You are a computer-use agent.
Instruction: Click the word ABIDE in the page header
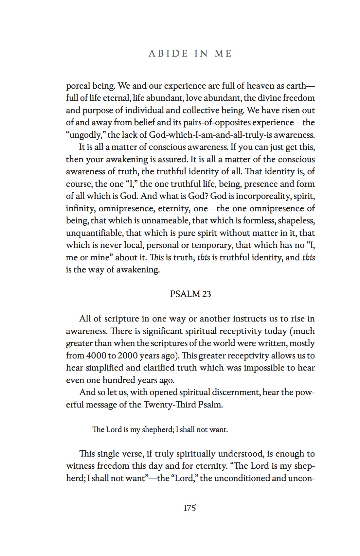168,54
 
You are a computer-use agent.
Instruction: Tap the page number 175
190,508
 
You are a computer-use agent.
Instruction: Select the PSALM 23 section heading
190,294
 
